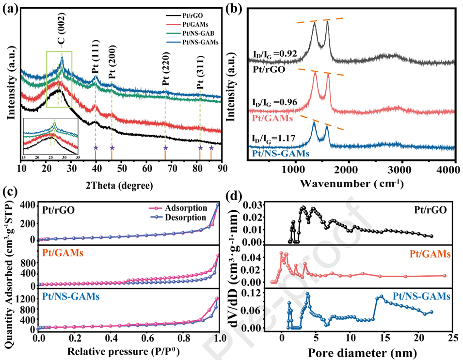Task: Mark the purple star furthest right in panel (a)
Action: point(211,148)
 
